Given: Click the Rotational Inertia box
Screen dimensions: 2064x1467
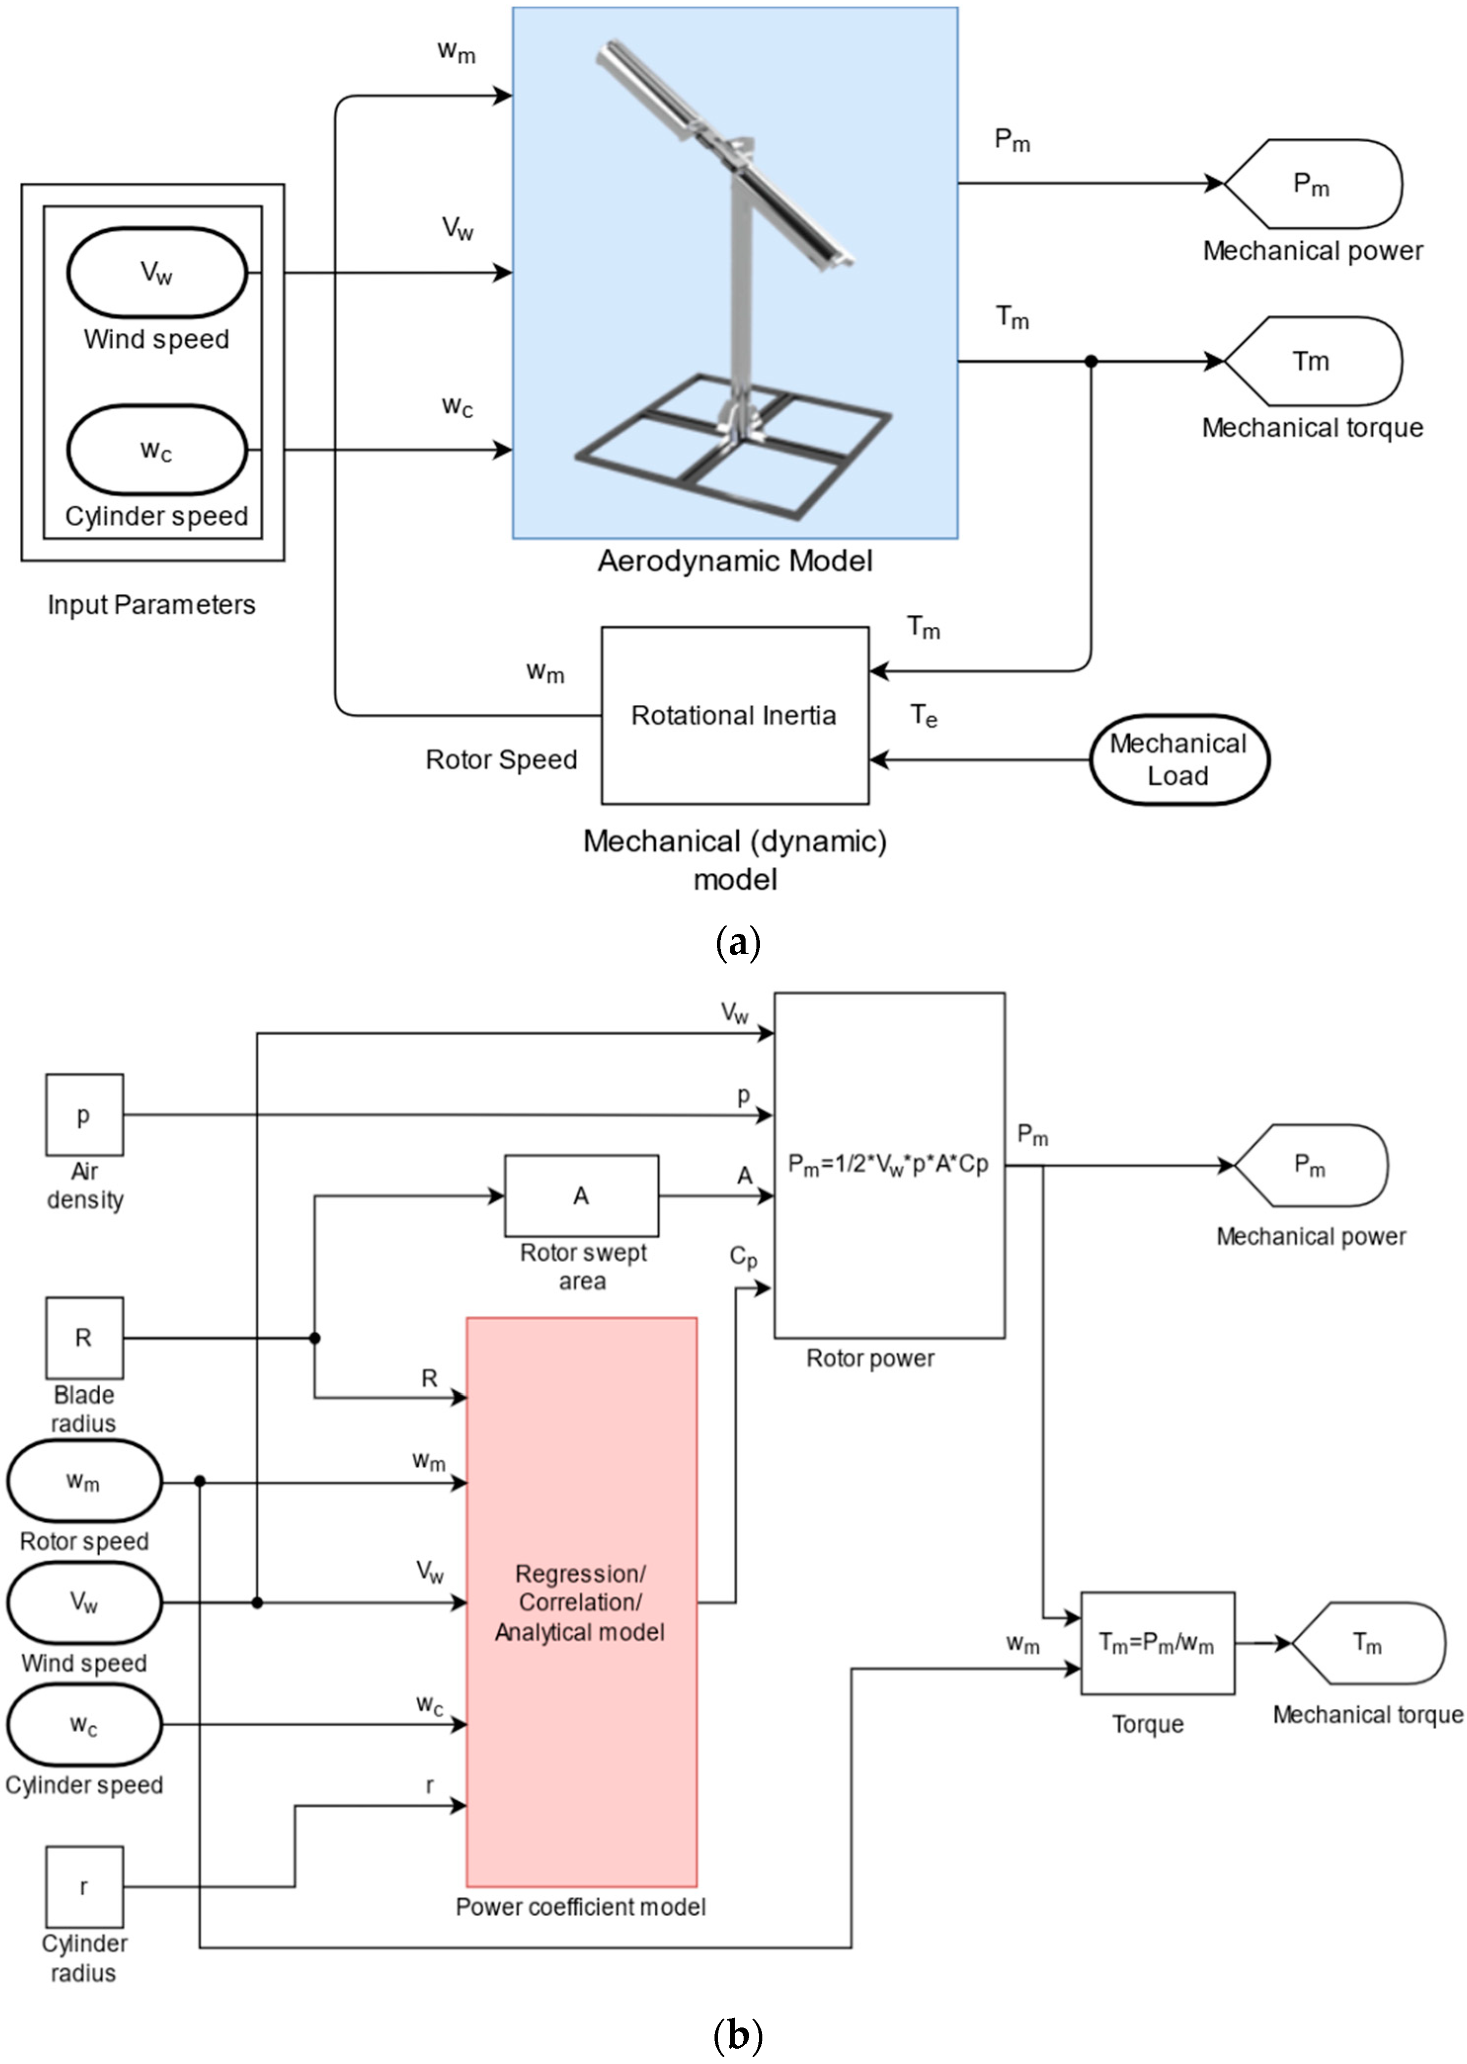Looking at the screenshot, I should [x=734, y=715].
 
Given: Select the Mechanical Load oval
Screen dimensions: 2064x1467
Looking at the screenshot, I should [x=1178, y=760].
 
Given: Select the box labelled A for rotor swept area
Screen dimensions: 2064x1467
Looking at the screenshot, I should [x=581, y=1196].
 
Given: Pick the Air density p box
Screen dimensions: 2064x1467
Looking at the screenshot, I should [x=84, y=1115].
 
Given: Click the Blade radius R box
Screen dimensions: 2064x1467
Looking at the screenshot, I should [x=84, y=1338].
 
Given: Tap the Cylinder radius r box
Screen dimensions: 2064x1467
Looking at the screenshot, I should [x=84, y=1887].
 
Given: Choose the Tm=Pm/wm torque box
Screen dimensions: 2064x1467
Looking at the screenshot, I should [x=1157, y=1643].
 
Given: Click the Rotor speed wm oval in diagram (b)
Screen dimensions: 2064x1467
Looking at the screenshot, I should [x=84, y=1481].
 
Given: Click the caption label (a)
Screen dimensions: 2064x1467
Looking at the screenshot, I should [x=737, y=944].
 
